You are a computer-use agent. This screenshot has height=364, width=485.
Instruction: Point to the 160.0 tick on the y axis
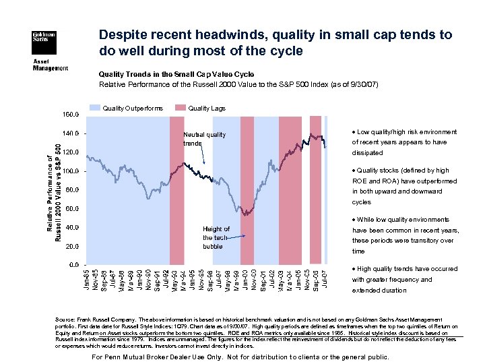click(73, 114)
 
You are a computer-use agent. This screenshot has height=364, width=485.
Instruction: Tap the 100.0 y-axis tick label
click(73, 171)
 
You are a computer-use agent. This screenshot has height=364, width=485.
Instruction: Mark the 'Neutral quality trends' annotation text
click(205, 139)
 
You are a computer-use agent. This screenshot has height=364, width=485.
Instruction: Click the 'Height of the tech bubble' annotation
click(216, 237)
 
